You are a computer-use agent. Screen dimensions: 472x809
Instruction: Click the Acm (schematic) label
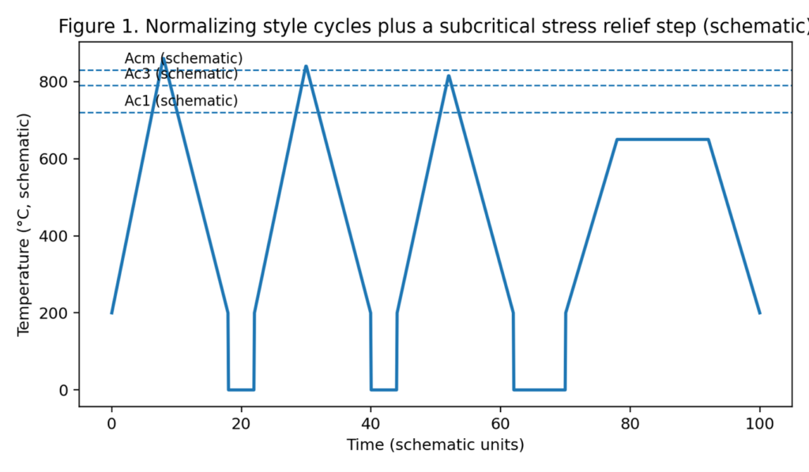(183, 58)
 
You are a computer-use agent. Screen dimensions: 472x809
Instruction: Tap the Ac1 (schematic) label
(181, 101)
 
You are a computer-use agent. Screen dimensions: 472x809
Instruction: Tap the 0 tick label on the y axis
(66, 390)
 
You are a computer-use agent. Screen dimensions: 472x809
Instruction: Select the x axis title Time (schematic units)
(435, 445)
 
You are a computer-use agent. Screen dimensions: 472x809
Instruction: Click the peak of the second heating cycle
(306, 66)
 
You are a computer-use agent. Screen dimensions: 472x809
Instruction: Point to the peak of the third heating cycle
(449, 76)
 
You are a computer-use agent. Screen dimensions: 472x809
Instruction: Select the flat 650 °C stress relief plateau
(662, 140)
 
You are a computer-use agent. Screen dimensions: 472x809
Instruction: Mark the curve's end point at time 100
(759, 313)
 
